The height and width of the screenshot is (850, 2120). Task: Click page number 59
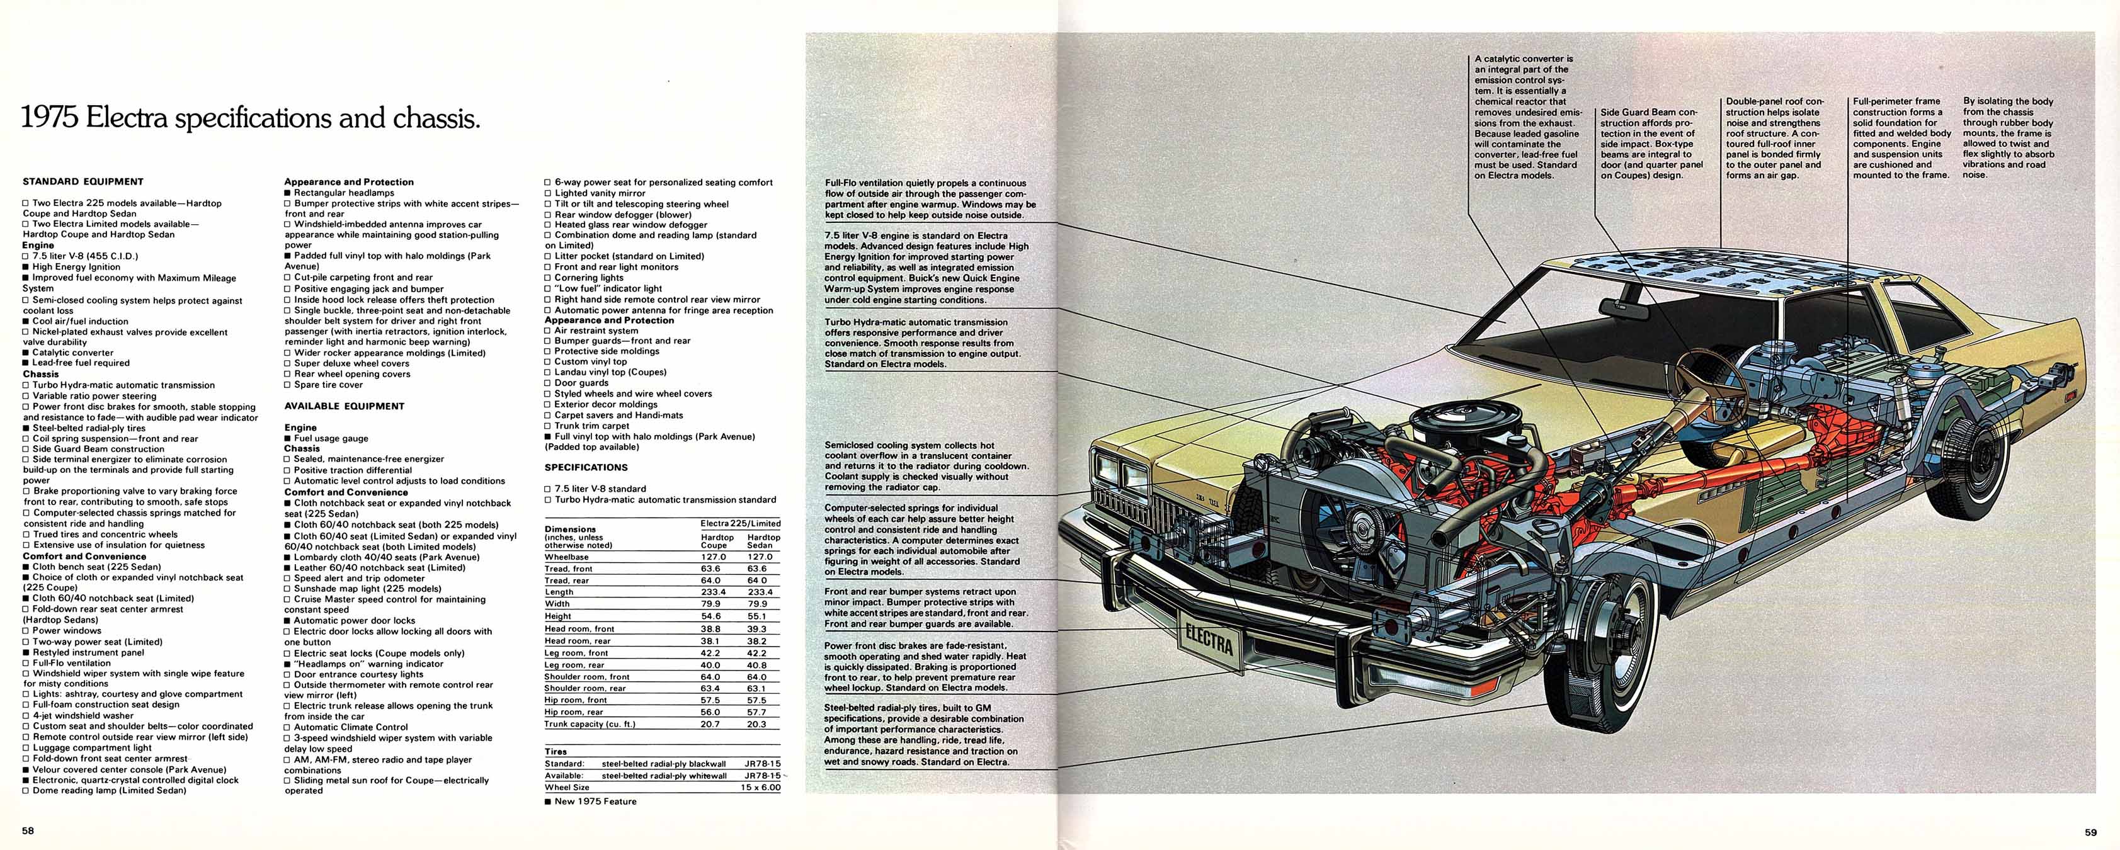point(2090,832)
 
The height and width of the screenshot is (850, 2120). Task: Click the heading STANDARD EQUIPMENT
point(83,182)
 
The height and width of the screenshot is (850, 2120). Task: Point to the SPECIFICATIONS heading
point(586,467)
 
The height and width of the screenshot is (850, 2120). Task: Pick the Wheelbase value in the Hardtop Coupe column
point(713,557)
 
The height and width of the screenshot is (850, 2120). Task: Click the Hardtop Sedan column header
point(760,541)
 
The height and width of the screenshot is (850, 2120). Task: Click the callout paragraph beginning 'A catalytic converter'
point(1527,117)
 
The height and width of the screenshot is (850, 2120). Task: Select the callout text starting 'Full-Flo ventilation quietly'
point(930,199)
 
